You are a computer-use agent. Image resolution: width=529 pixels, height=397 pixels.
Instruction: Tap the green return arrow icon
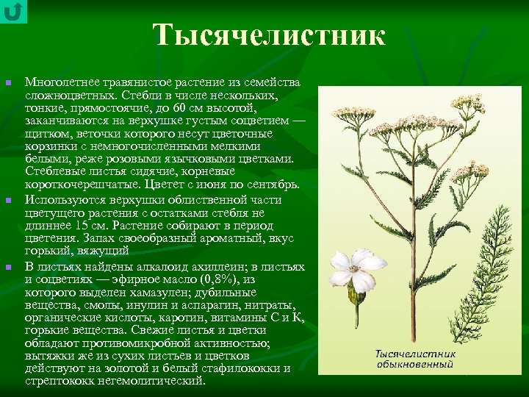coord(13,11)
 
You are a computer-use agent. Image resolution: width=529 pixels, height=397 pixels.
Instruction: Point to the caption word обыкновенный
coord(417,364)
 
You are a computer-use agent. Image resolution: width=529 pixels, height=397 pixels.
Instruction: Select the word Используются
coord(62,198)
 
